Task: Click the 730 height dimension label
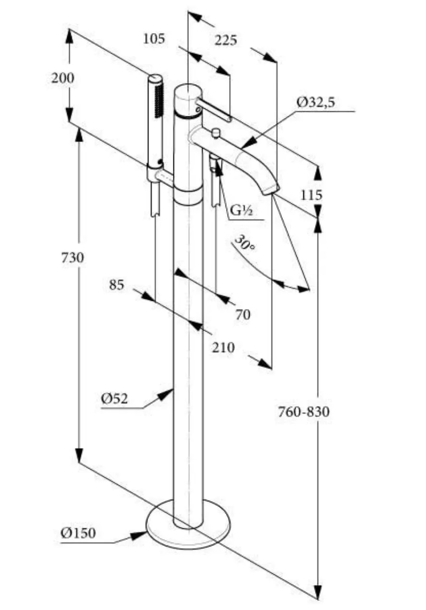click(72, 258)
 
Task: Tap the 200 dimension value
click(63, 78)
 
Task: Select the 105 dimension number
click(154, 39)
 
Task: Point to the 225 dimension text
click(226, 40)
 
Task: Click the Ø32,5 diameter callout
click(316, 103)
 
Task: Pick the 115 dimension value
click(311, 195)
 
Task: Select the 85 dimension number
click(116, 285)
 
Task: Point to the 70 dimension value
click(242, 315)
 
